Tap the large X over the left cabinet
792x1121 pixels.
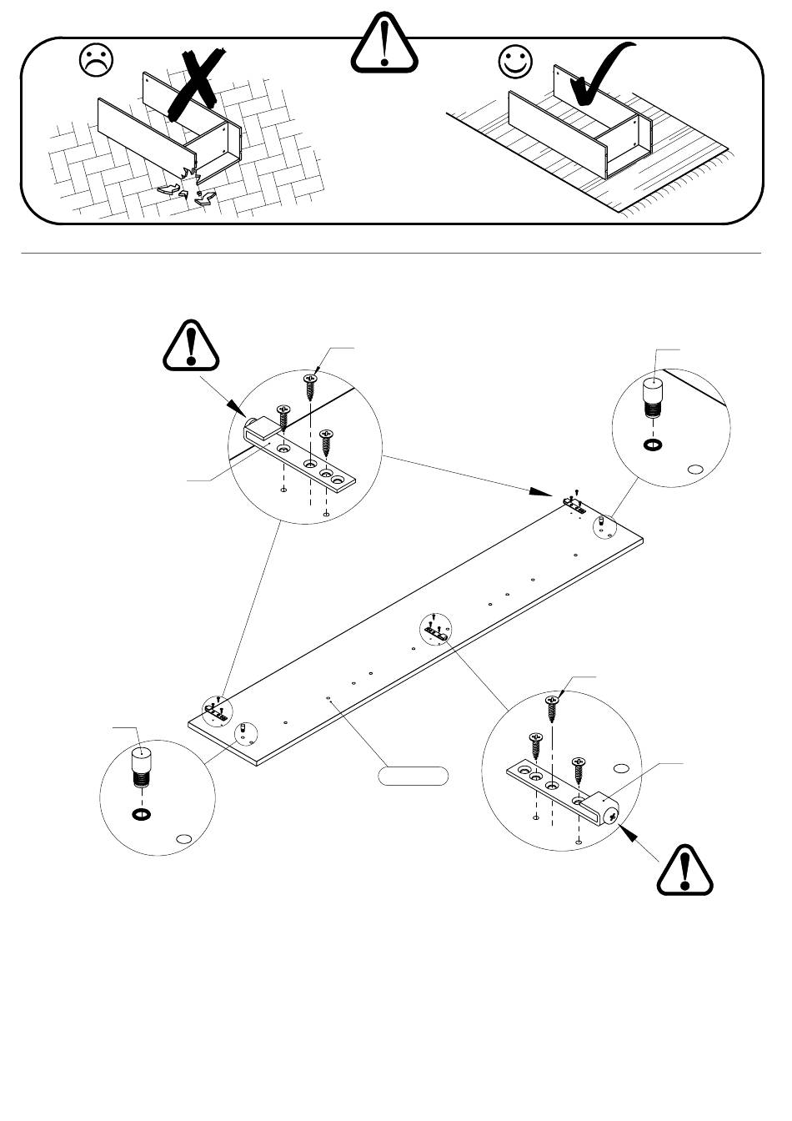(x=198, y=83)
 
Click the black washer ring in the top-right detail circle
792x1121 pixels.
(x=653, y=444)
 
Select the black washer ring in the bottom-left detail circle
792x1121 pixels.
(x=141, y=814)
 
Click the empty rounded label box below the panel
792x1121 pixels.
(x=414, y=776)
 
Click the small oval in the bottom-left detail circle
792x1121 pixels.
(x=184, y=839)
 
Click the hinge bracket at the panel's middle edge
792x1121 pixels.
(x=435, y=632)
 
